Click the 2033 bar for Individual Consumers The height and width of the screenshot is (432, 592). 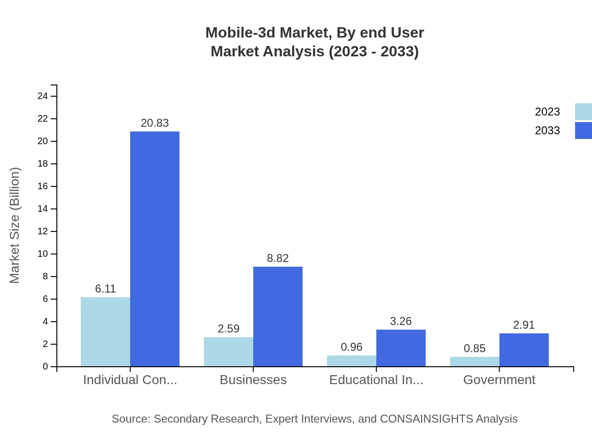point(155,249)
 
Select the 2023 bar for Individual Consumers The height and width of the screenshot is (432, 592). point(105,332)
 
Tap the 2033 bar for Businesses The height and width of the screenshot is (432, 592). point(278,316)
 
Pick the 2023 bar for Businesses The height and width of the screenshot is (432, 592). point(228,352)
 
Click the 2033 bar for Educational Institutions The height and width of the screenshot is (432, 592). point(401,348)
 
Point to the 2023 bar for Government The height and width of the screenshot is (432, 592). point(475,362)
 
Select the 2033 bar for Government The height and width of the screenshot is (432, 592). point(524,350)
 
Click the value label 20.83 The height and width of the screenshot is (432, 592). point(155,123)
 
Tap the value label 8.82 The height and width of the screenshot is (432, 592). point(278,258)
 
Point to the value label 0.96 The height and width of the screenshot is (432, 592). point(351,347)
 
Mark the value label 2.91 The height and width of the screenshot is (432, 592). point(524,325)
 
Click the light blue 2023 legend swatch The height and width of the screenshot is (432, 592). point(583,112)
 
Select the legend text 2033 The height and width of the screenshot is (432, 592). point(547,131)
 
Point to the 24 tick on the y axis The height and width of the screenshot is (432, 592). point(43,96)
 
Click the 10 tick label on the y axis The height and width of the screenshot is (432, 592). point(43,254)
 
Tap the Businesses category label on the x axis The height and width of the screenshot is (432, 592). point(253,380)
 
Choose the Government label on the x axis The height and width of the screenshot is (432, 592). point(499,380)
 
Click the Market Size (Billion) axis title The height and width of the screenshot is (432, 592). point(15,225)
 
